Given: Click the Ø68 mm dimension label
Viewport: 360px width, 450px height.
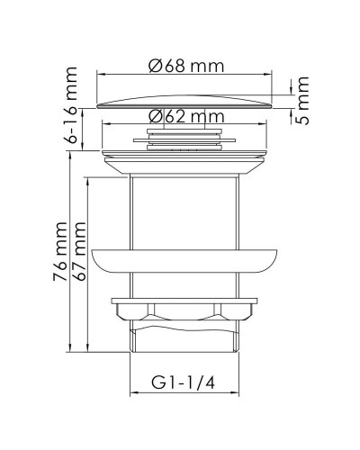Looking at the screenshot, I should click(186, 67).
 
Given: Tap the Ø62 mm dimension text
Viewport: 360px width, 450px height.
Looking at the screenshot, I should click(186, 115).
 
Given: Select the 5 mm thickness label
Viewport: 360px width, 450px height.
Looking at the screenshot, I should click(303, 101).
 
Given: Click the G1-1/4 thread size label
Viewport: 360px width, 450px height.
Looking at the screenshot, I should click(186, 384).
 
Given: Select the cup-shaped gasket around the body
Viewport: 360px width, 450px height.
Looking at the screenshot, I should click(186, 258).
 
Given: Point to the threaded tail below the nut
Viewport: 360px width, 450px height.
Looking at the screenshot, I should click(186, 343).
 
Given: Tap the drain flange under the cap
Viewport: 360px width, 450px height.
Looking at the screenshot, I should click(186, 153).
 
